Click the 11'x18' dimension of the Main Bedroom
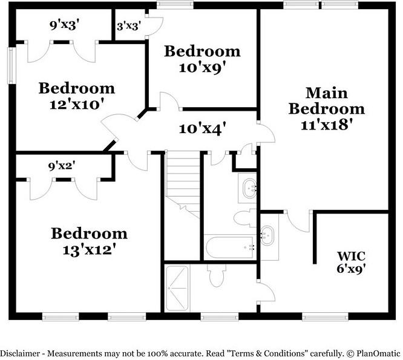click(326, 125)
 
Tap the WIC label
click(352, 256)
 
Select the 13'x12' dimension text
click(89, 249)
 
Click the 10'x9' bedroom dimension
click(203, 68)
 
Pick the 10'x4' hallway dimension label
click(203, 128)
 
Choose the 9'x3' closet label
click(64, 25)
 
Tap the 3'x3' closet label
click(129, 26)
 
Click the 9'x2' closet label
click(62, 166)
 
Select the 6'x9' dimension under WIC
click(352, 269)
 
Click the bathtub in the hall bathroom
click(230, 247)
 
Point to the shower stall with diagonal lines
click(177, 288)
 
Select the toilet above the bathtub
click(245, 218)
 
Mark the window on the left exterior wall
click(11, 65)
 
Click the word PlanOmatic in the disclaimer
click(378, 353)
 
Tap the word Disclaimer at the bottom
click(20, 353)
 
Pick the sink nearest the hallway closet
click(249, 189)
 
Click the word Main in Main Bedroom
click(326, 93)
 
